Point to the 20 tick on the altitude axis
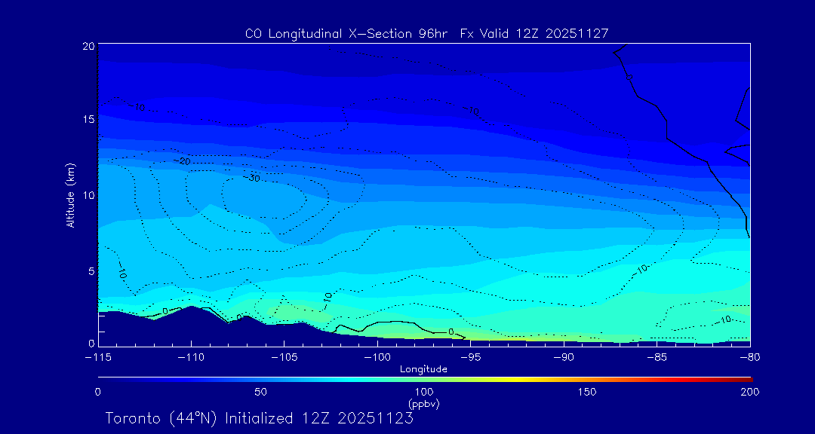[88, 46]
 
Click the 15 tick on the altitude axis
[88, 119]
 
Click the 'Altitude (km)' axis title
[70, 195]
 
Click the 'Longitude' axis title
[423, 369]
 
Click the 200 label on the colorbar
[749, 392]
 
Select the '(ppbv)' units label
[423, 404]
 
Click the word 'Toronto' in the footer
[132, 418]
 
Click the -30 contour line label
[252, 178]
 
